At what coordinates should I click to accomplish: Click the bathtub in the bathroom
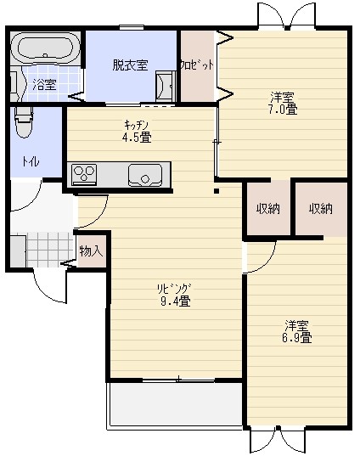(x=45, y=48)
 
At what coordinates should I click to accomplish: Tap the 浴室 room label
(x=44, y=84)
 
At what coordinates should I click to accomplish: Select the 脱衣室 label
(x=130, y=65)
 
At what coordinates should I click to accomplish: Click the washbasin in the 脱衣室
(x=166, y=86)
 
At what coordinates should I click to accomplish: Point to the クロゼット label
(x=197, y=65)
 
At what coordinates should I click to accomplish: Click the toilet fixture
(x=24, y=121)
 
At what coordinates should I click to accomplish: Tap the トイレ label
(x=31, y=161)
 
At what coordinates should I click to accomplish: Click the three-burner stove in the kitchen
(x=84, y=174)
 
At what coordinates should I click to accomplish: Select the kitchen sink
(x=145, y=176)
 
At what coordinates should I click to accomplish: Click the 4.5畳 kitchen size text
(x=137, y=137)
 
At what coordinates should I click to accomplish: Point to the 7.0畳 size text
(x=283, y=110)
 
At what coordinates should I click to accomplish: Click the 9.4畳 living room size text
(x=176, y=301)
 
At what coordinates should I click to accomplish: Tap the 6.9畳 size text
(x=297, y=338)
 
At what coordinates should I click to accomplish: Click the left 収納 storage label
(x=268, y=209)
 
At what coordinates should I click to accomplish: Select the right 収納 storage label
(x=321, y=209)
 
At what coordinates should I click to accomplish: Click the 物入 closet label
(x=92, y=251)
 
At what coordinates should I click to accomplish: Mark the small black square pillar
(x=217, y=191)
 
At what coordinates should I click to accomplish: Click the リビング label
(x=174, y=289)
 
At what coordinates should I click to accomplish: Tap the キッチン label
(x=136, y=125)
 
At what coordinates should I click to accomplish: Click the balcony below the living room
(x=175, y=404)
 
